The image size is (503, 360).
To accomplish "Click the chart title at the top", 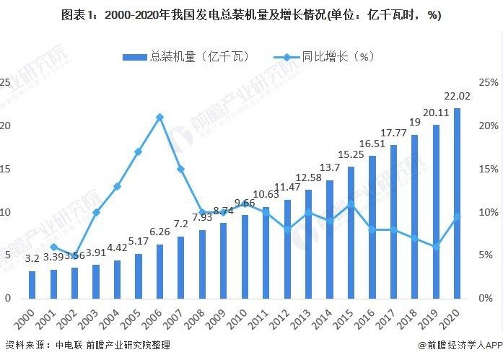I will [251, 15].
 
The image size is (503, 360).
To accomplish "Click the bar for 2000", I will [32, 284].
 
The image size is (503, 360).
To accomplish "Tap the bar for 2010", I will [245, 256].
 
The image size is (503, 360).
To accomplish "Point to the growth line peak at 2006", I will [159, 117].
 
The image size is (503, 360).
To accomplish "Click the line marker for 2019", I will [436, 247].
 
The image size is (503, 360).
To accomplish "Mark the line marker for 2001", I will [53, 247].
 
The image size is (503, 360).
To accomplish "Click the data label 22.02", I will [457, 96].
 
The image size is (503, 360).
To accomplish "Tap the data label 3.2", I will [32, 258].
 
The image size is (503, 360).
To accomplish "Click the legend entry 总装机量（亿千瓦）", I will [166, 56].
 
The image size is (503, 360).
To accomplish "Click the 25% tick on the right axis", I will [487, 83].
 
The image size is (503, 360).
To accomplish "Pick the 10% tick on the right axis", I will [487, 212].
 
